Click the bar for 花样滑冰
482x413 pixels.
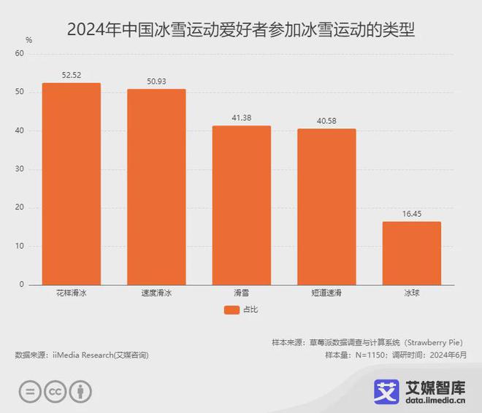pyautogui.click(x=71, y=183)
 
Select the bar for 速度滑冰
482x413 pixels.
pyautogui.click(x=156, y=187)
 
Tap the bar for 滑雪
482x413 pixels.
pyautogui.click(x=241, y=205)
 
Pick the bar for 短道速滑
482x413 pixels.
pyautogui.click(x=326, y=206)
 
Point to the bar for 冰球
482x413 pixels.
pyautogui.click(x=411, y=252)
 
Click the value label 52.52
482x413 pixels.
pyautogui.click(x=71, y=75)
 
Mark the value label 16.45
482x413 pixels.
pyautogui.click(x=411, y=214)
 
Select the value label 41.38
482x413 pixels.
pyautogui.click(x=241, y=118)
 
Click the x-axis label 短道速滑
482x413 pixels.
pyautogui.click(x=326, y=293)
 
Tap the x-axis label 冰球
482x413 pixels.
pyautogui.click(x=411, y=293)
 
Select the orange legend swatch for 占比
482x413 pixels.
pyautogui.click(x=232, y=309)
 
